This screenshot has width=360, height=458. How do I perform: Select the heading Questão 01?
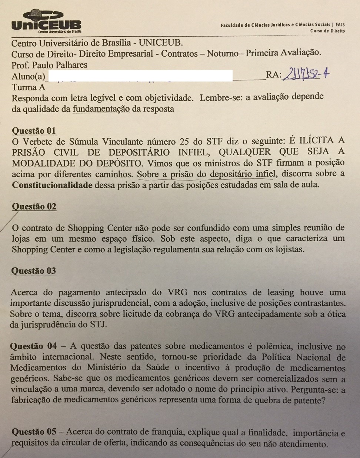point(34,130)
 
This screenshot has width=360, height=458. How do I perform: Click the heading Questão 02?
point(34,206)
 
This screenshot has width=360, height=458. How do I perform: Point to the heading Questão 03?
point(33,271)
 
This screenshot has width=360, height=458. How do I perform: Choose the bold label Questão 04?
point(33,346)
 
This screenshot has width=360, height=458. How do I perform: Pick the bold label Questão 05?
point(34,432)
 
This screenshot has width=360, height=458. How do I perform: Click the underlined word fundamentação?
point(101,109)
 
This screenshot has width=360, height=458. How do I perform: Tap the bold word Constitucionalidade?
point(52,185)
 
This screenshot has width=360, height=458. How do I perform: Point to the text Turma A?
point(29,87)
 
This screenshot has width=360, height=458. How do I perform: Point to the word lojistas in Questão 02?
point(287,249)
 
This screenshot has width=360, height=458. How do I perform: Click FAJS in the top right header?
point(340,25)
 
